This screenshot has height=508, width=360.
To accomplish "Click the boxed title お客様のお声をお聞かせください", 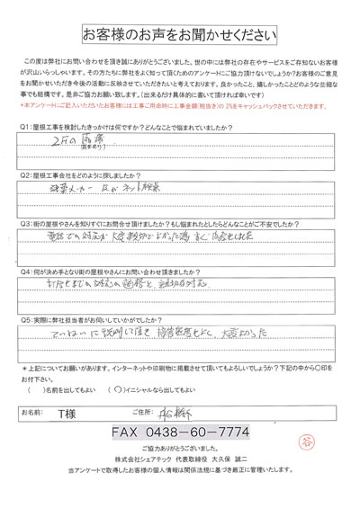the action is coord(179,32).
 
